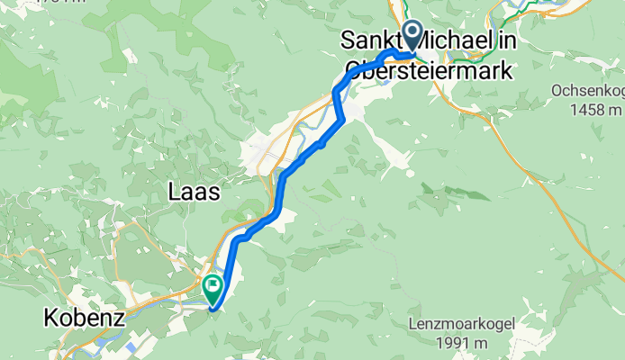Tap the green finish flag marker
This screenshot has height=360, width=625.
213,290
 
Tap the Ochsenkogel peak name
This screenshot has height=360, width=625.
586,92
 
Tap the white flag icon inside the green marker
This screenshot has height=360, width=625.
213,288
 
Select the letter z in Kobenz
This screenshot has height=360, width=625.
114,318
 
